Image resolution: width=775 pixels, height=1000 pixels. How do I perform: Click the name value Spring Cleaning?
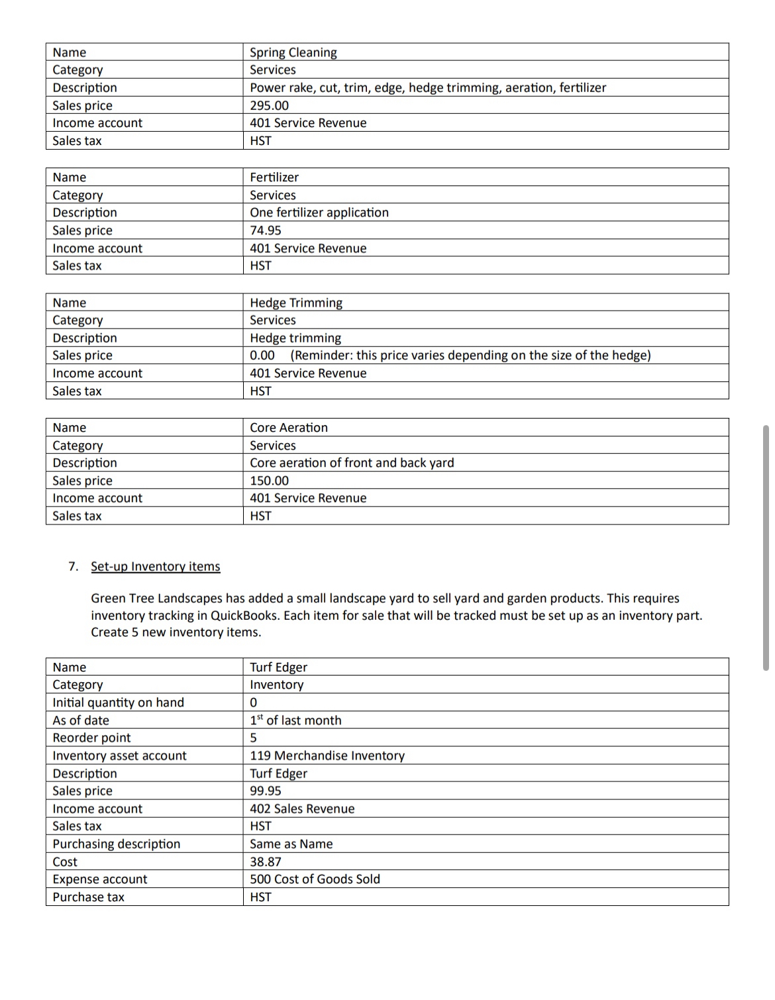pyautogui.click(x=293, y=52)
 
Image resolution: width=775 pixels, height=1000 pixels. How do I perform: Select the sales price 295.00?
pyautogui.click(x=269, y=105)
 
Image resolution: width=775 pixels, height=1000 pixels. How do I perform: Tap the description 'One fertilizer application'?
pyautogui.click(x=319, y=213)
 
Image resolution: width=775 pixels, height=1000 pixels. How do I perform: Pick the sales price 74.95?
pyautogui.click(x=265, y=230)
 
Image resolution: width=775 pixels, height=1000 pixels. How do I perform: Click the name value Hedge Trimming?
pyautogui.click(x=295, y=303)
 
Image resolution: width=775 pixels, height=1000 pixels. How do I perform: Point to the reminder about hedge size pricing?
pyautogui.click(x=470, y=356)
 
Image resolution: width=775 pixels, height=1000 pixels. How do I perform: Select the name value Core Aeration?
pyautogui.click(x=288, y=428)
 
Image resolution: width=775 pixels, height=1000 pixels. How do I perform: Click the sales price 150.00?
pyautogui.click(x=269, y=481)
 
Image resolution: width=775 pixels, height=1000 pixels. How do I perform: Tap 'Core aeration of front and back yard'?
pyautogui.click(x=352, y=463)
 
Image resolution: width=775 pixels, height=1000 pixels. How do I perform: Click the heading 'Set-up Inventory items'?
pyautogui.click(x=155, y=566)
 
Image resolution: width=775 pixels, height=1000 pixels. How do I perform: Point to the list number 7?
pyautogui.click(x=73, y=566)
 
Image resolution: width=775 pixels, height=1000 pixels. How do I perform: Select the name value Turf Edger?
pyautogui.click(x=278, y=668)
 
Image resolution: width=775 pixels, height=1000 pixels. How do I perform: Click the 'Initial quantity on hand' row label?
pyautogui.click(x=118, y=703)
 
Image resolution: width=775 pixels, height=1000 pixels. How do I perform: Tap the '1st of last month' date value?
pyautogui.click(x=295, y=721)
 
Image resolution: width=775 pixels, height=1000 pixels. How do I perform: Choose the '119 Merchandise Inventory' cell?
pyautogui.click(x=327, y=756)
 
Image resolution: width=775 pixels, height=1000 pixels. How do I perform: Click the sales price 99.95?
pyautogui.click(x=265, y=791)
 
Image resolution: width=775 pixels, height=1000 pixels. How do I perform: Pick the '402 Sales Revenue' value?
pyautogui.click(x=301, y=809)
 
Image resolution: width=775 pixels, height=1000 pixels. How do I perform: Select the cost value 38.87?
pyautogui.click(x=265, y=862)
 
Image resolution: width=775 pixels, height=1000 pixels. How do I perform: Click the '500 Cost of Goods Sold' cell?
pyautogui.click(x=315, y=879)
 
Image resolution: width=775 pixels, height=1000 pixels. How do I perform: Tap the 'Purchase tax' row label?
pyautogui.click(x=88, y=897)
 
